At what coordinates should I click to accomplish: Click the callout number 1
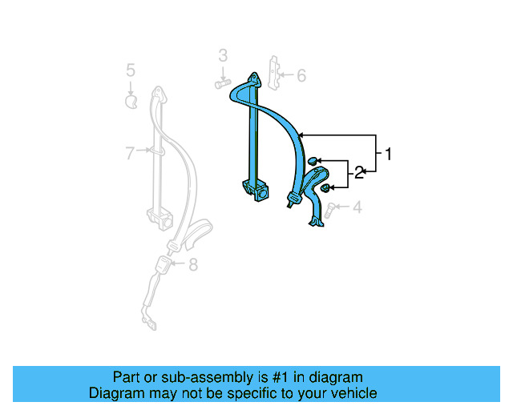[x=389, y=154]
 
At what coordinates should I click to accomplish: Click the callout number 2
[x=360, y=171]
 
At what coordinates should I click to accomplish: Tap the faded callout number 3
[x=223, y=55]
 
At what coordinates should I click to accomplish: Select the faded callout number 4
[x=357, y=208]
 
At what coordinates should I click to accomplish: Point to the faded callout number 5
[x=131, y=71]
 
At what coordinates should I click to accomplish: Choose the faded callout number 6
[x=301, y=76]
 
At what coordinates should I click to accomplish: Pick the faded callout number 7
[x=130, y=153]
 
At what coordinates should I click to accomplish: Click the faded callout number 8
[x=192, y=265]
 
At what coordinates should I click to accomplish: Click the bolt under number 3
[x=222, y=82]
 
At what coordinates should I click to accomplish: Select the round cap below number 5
[x=131, y=101]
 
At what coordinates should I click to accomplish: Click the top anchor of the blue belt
[x=254, y=80]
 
